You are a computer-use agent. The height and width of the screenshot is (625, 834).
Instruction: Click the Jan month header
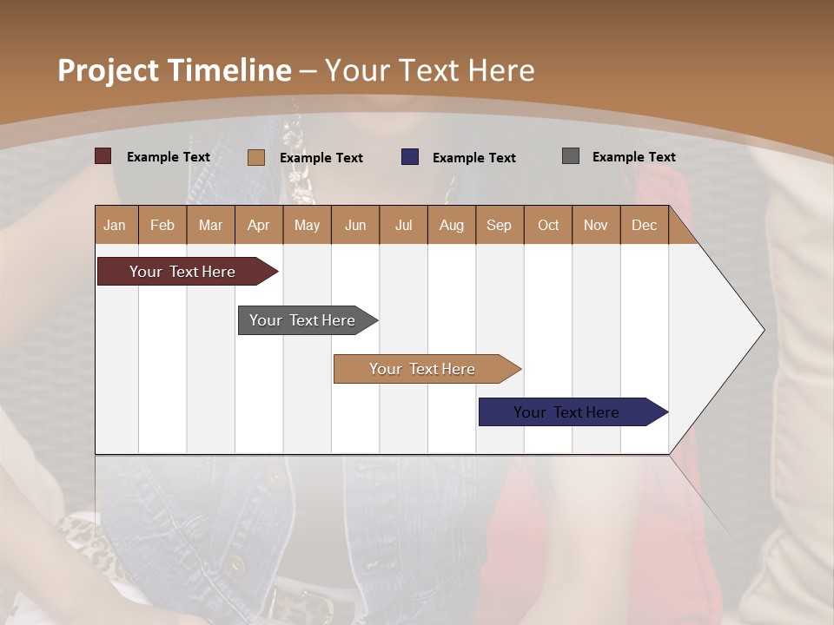pyautogui.click(x=116, y=225)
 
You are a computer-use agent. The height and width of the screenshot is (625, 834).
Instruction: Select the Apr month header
pyautogui.click(x=259, y=225)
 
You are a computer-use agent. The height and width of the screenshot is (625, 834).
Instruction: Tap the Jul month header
pyautogui.click(x=403, y=225)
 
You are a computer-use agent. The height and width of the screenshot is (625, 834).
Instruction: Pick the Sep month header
pyautogui.click(x=500, y=225)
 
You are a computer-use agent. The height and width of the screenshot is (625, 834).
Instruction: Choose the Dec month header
pyautogui.click(x=644, y=225)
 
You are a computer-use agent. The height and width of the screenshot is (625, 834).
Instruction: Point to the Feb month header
pyautogui.click(x=162, y=225)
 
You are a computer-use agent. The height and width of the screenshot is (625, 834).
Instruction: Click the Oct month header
pyautogui.click(x=548, y=225)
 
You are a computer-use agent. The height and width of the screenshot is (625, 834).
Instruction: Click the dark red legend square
pyautogui.click(x=103, y=156)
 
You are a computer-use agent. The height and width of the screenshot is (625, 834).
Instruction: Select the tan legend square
pyautogui.click(x=256, y=157)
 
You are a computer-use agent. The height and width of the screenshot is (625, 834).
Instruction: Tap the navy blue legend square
pyautogui.click(x=410, y=157)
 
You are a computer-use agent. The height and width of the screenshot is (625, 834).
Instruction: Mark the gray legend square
pyautogui.click(x=571, y=156)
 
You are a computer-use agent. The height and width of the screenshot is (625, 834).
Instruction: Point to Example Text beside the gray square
pyautogui.click(x=633, y=157)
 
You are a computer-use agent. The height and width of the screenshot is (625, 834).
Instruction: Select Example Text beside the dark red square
pyautogui.click(x=169, y=157)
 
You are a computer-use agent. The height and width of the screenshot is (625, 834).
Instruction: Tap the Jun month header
pyautogui.click(x=355, y=225)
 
